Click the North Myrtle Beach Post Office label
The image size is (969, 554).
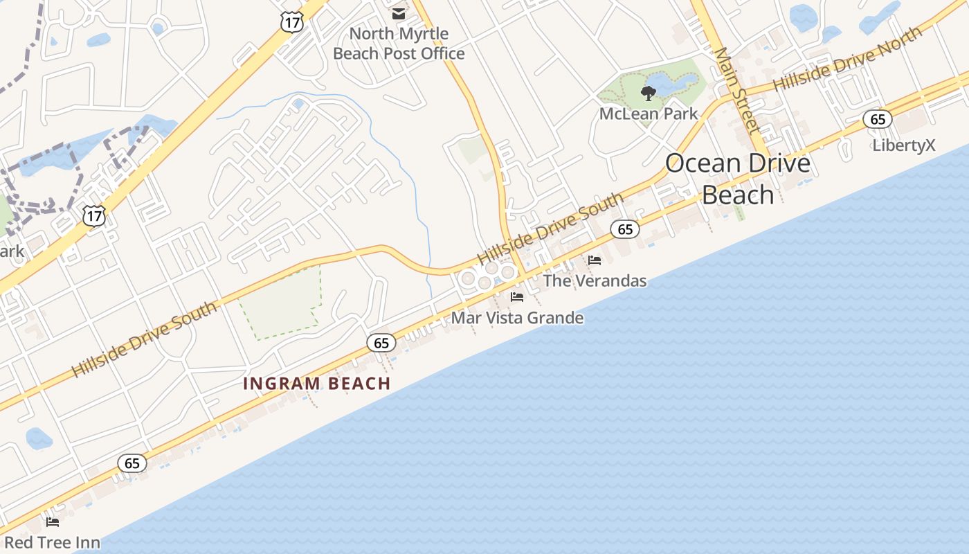coord(399,43)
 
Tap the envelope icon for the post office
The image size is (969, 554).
coord(399,13)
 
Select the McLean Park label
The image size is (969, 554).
coord(649,114)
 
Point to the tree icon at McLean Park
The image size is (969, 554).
coord(648,93)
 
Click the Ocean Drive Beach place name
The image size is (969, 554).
coord(738,179)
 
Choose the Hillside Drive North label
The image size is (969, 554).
coord(847,59)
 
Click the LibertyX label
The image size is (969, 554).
coord(904,145)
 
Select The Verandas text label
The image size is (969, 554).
coord(595,280)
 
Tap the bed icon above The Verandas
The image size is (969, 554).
coord(595,260)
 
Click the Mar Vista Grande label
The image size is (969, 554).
coord(517,318)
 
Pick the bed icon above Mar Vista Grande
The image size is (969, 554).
coord(517,297)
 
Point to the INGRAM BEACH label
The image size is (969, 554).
coord(317,384)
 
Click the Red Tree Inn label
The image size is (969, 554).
coord(52,542)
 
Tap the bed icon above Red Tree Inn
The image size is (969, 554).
coord(53,521)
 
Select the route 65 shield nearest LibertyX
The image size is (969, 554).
coord(878,119)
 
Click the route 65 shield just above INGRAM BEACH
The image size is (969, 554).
coord(381,342)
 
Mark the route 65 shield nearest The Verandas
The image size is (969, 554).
coord(625,229)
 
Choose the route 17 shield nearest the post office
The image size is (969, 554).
coord(291,22)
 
